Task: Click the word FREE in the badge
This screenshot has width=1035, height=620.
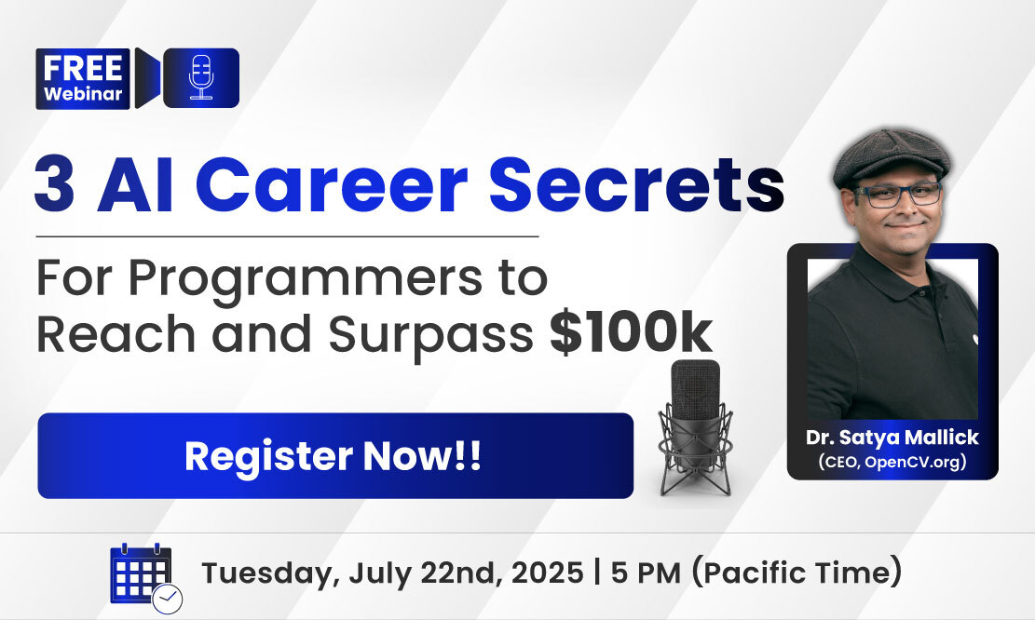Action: (x=83, y=68)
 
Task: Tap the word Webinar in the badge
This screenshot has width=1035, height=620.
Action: (x=83, y=94)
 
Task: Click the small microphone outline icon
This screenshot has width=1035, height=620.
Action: (x=200, y=78)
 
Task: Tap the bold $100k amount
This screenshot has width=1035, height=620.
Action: (x=631, y=333)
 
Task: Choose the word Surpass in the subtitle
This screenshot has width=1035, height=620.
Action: (x=430, y=335)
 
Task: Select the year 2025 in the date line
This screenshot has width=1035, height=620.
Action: (x=547, y=573)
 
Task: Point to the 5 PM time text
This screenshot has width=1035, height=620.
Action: (x=645, y=573)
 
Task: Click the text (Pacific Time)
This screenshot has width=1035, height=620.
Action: (x=797, y=572)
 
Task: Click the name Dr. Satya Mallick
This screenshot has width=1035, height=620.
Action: (x=892, y=438)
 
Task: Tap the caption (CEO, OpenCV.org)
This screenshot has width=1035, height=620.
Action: (x=892, y=461)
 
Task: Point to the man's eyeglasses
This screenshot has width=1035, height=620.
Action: (x=899, y=195)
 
